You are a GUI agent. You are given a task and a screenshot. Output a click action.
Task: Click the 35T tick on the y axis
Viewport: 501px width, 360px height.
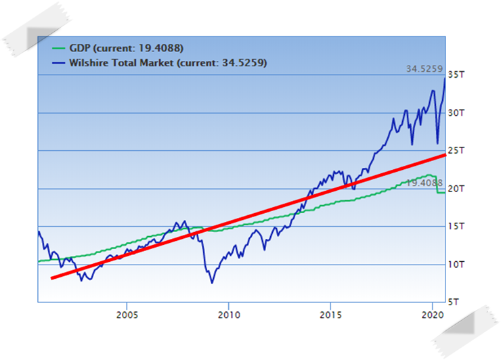(x=457, y=75)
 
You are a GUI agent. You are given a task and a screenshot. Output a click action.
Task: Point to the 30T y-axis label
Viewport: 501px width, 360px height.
(x=457, y=113)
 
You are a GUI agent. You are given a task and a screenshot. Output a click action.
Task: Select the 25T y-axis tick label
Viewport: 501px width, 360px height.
(x=457, y=151)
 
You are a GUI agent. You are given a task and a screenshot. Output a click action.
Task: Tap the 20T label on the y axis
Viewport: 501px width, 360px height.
(x=457, y=189)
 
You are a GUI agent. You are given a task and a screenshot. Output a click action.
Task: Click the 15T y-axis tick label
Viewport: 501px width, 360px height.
(x=457, y=227)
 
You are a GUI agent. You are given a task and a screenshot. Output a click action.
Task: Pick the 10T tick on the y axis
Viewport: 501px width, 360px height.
(x=457, y=265)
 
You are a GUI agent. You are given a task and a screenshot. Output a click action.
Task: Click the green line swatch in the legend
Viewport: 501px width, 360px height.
(x=59, y=48)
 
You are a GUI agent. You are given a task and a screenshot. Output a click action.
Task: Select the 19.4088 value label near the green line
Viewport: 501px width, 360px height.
(x=424, y=183)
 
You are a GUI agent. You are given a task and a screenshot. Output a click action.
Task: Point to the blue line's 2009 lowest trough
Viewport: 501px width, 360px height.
(x=211, y=282)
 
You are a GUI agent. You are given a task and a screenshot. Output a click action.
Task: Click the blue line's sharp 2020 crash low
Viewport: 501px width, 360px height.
(x=437, y=143)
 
